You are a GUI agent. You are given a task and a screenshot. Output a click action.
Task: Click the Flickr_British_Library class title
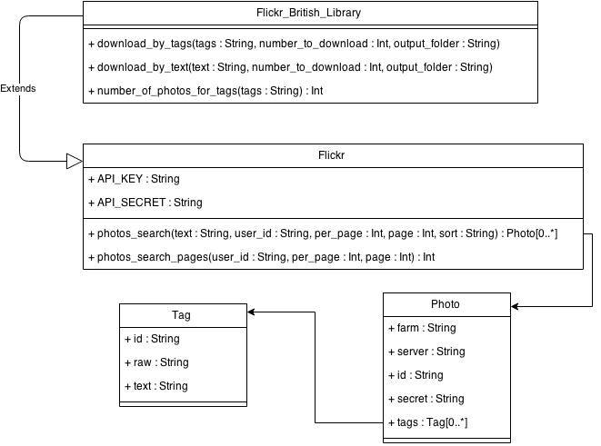(308, 13)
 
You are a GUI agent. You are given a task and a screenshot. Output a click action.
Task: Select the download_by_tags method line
(294, 44)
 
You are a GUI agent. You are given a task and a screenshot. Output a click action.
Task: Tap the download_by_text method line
(290, 67)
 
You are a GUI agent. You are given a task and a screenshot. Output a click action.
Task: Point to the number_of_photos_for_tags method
(205, 91)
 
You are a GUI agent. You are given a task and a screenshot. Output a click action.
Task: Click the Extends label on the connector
(18, 88)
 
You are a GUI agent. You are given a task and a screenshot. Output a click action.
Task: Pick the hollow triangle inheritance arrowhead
(75, 161)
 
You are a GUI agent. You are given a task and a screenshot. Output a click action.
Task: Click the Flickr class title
(331, 155)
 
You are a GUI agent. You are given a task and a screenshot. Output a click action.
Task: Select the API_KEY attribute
(134, 179)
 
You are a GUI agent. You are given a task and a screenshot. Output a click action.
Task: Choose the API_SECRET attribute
(145, 203)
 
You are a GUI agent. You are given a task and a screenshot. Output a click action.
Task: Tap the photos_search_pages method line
(262, 257)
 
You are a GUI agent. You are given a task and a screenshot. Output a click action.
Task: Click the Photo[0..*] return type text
(532, 233)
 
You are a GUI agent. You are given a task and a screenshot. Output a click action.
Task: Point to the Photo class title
(445, 304)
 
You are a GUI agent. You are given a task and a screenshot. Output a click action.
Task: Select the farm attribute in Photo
(422, 328)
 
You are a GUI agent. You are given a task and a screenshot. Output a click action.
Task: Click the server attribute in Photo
(426, 352)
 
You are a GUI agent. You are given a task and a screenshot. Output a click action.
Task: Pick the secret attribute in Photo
(426, 399)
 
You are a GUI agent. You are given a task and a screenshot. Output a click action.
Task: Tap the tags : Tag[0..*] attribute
(427, 422)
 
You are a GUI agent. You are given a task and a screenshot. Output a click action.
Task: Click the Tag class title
(181, 315)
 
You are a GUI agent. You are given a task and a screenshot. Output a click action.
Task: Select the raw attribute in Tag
(156, 362)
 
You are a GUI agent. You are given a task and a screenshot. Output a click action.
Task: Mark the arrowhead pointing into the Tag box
(251, 312)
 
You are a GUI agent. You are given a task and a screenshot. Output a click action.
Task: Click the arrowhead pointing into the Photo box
(515, 306)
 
